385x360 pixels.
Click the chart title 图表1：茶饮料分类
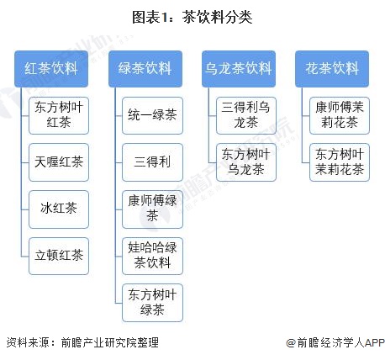click(192, 18)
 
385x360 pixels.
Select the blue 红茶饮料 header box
click(51, 69)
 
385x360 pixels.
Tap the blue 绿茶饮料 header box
click(145, 69)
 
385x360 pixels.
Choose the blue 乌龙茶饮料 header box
click(239, 69)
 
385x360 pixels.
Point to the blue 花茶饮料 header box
click(332, 69)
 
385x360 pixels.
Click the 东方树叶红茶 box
click(59, 115)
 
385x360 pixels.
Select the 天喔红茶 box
click(59, 162)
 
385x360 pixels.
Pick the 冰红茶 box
click(59, 209)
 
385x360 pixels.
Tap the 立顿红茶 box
click(59, 256)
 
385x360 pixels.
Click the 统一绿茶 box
click(152, 115)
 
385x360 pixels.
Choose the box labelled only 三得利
click(152, 162)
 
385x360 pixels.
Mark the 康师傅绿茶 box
click(152, 209)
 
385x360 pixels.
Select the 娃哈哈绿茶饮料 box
click(152, 256)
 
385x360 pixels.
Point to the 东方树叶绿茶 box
click(152, 303)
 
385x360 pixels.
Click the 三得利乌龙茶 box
click(246, 115)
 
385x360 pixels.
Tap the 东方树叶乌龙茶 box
click(246, 162)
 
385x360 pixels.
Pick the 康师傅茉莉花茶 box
click(340, 115)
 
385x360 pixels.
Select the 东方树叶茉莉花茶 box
click(340, 162)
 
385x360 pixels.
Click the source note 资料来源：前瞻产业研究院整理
click(82, 342)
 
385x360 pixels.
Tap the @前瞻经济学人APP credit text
click(335, 342)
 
